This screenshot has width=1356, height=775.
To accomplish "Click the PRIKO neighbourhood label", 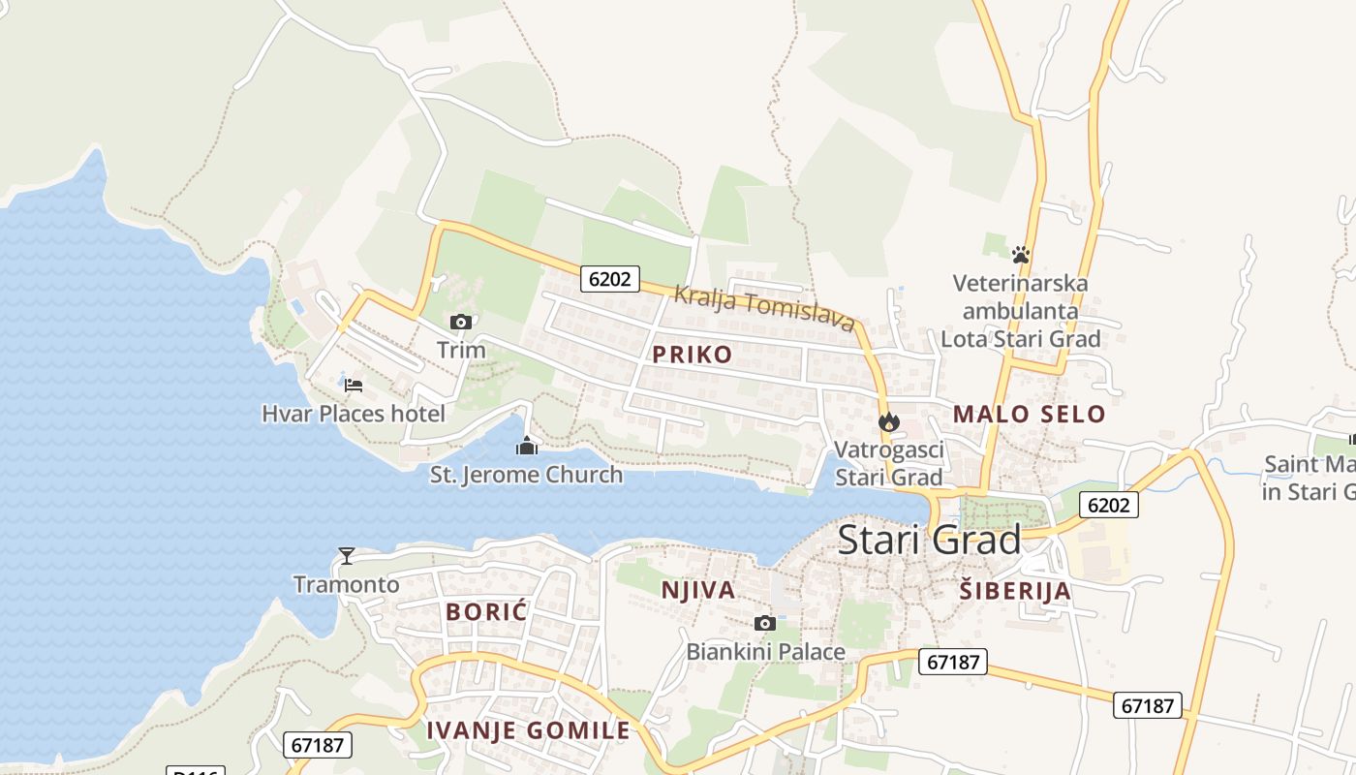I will click(x=693, y=355).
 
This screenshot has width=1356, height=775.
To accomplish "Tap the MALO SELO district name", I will click(x=1029, y=415).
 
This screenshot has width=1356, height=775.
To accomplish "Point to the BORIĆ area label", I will click(x=486, y=612).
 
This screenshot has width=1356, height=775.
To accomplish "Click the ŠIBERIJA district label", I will click(x=1015, y=591).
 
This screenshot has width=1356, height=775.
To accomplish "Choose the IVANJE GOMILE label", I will click(x=528, y=730).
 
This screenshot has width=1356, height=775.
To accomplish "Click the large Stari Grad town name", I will click(x=928, y=540).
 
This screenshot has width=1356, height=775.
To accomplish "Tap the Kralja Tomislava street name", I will click(x=764, y=308).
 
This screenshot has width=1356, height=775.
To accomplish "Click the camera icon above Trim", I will click(x=461, y=322).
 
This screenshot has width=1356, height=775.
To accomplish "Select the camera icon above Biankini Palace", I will click(x=765, y=623).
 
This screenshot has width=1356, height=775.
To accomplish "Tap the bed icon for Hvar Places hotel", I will click(x=354, y=386).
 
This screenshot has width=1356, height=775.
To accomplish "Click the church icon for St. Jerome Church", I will click(x=526, y=446).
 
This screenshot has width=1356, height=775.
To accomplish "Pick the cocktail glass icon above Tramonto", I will click(x=346, y=555).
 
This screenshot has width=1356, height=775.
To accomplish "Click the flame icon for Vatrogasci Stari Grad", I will click(x=888, y=421).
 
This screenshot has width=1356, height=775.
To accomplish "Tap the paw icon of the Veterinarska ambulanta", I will click(x=1020, y=255).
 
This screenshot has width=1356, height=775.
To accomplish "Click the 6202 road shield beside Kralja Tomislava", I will click(x=610, y=279).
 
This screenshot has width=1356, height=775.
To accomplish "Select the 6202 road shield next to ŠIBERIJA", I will click(x=1109, y=505).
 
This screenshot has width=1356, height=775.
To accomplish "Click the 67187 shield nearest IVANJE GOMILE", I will click(x=318, y=745).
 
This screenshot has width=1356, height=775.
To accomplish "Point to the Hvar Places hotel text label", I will click(x=354, y=414).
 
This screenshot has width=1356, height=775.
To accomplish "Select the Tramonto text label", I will click(x=346, y=584).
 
